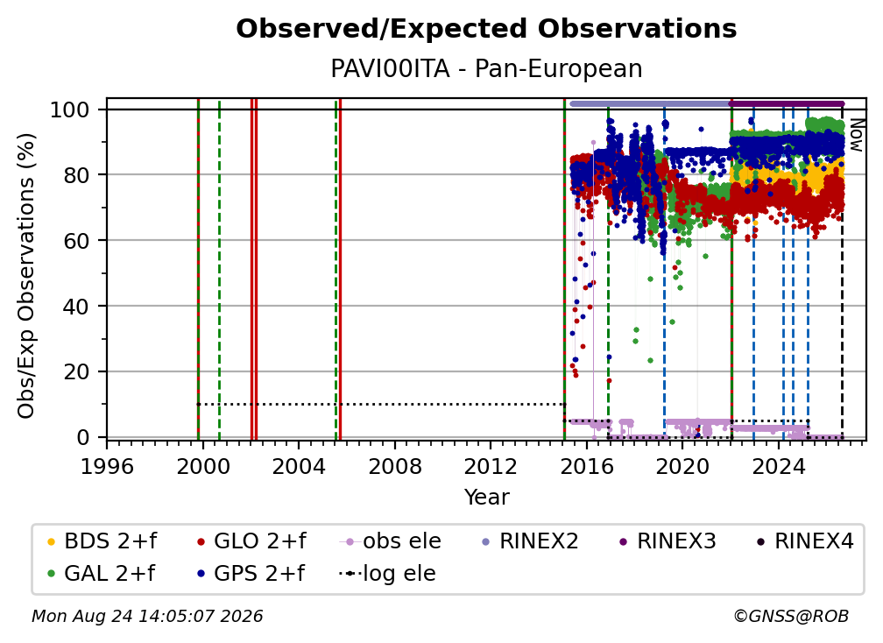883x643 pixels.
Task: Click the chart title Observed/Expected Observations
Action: (486, 29)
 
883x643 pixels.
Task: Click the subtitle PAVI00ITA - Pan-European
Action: (486, 68)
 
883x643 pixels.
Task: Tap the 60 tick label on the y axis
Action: (76, 240)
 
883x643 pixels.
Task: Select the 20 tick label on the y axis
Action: (76, 371)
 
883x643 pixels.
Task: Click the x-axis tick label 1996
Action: (107, 466)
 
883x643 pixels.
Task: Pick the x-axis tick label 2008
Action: (395, 466)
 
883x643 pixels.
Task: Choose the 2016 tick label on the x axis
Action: (587, 466)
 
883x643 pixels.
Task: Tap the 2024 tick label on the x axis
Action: (778, 466)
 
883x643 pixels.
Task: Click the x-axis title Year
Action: (486, 498)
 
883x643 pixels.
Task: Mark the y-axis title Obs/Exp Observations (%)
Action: (26, 276)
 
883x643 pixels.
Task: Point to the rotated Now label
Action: (856, 135)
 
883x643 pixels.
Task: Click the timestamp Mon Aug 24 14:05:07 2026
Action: (147, 616)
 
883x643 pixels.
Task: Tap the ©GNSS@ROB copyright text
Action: (791, 616)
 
